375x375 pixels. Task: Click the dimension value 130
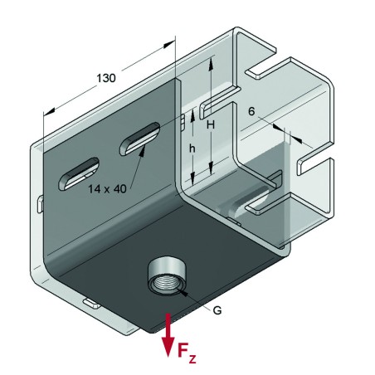coord(105,78)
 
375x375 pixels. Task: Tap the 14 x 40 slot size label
coord(108,188)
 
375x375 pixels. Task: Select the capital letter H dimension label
coord(211,124)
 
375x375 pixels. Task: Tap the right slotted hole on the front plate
coord(139,138)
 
